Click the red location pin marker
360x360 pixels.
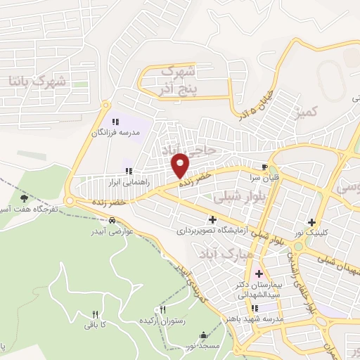(181, 165)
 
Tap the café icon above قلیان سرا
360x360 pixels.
(264, 167)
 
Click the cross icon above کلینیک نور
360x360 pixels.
(311, 222)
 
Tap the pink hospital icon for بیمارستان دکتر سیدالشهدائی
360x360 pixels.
(259, 274)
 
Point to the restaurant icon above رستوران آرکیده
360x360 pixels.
(163, 309)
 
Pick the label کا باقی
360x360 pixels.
(95, 324)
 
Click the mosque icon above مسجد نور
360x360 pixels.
(204, 335)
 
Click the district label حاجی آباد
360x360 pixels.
(169, 150)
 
